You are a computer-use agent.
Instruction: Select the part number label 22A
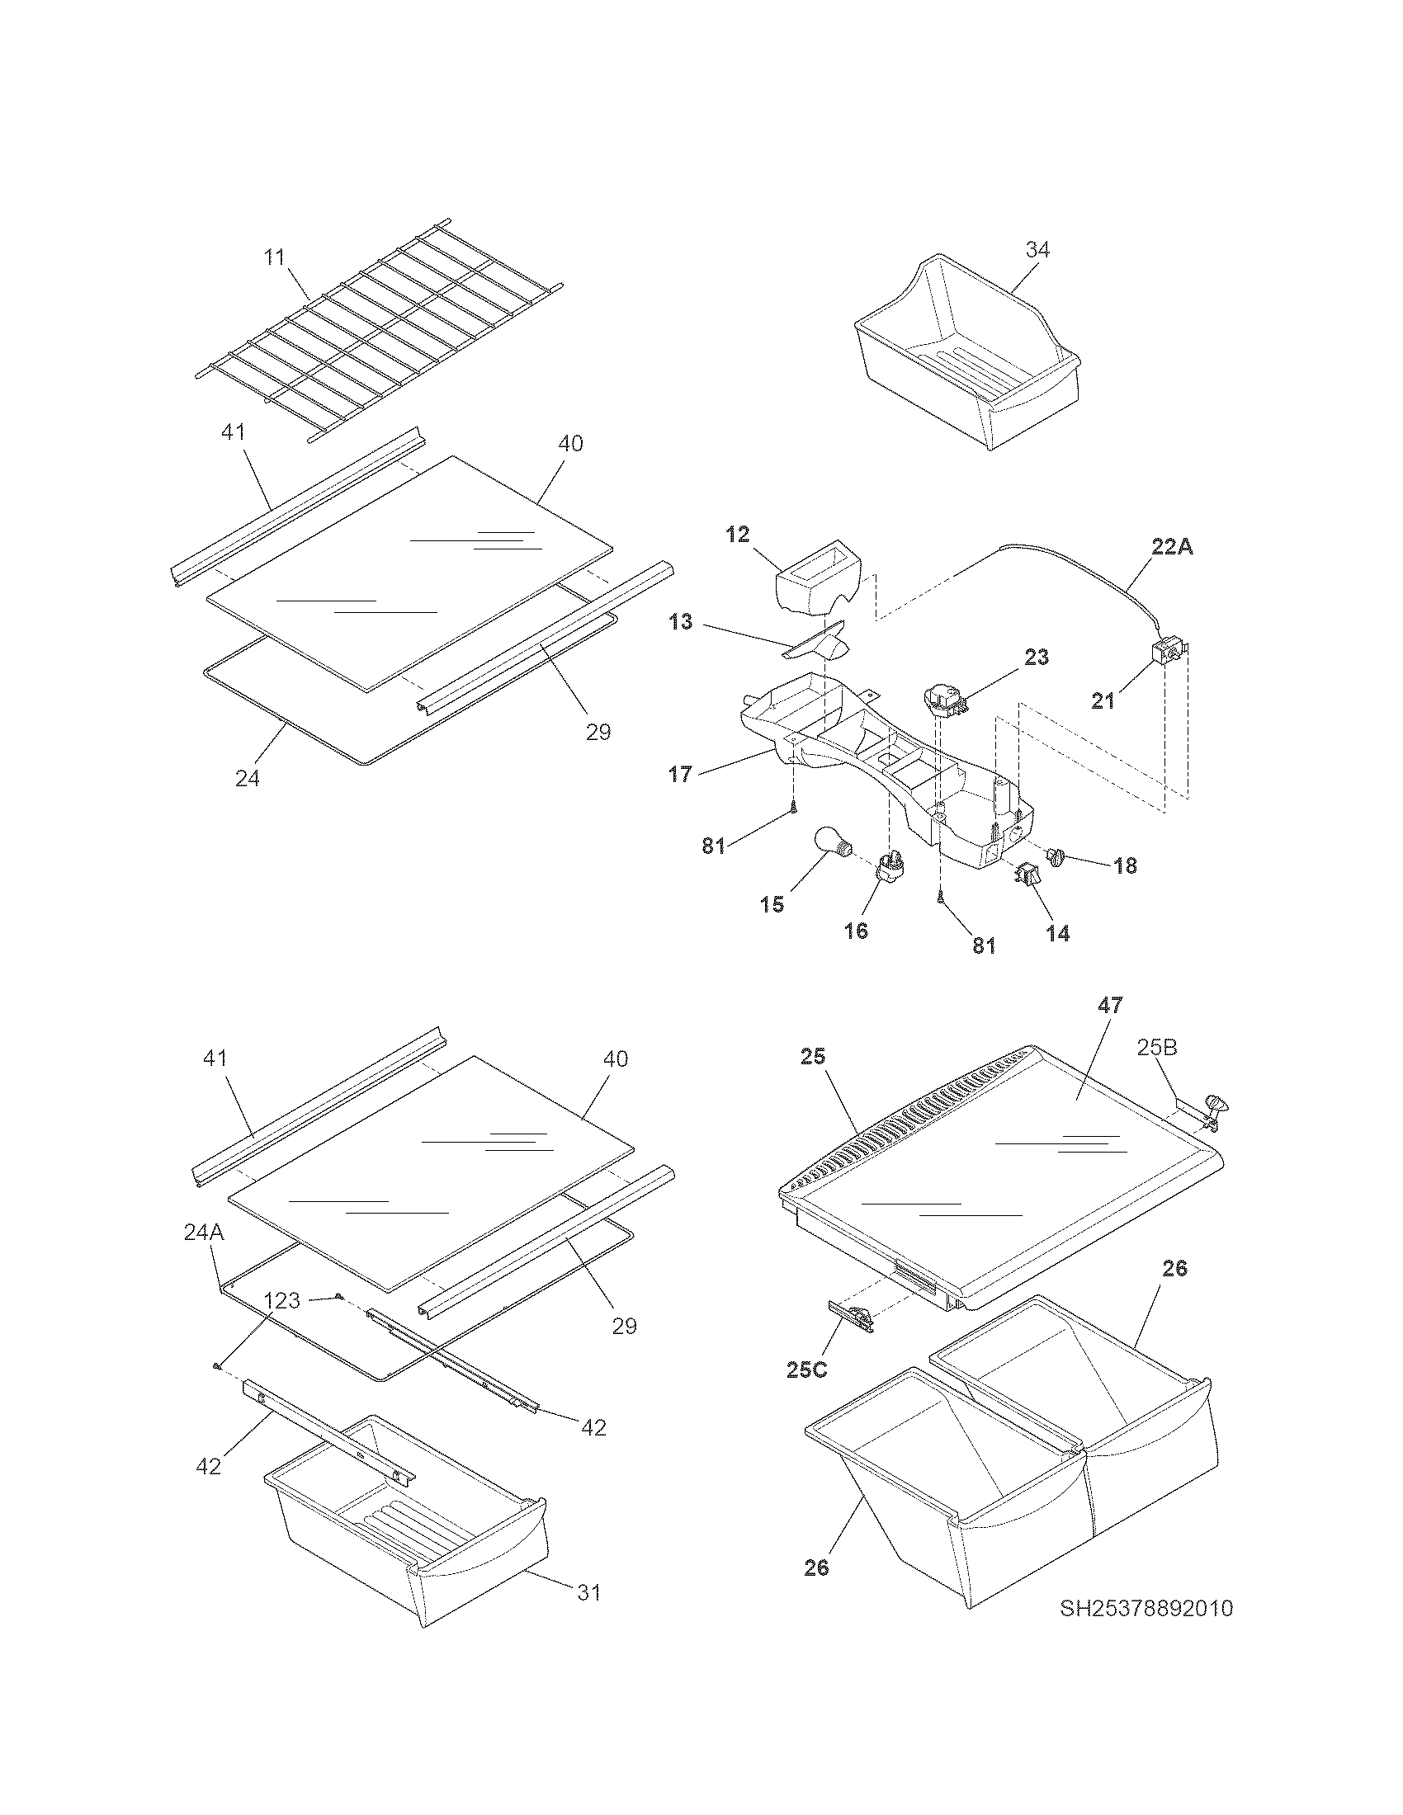point(1172,548)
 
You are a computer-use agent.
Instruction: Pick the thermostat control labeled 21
point(1168,651)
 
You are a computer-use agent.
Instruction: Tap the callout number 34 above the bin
point(1037,249)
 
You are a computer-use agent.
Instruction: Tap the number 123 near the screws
point(281,1299)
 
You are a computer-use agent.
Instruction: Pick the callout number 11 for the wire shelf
point(275,257)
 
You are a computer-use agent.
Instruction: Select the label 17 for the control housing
point(680,775)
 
